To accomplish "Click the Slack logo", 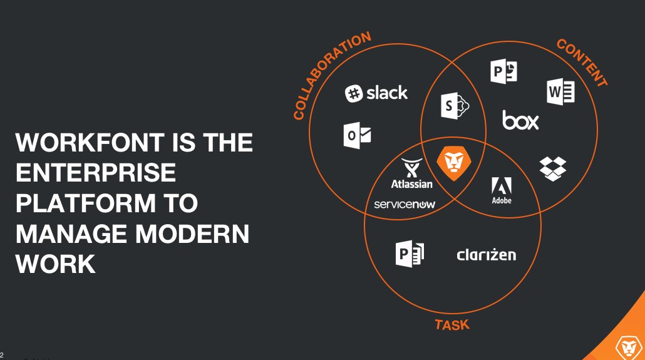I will click(x=376, y=93).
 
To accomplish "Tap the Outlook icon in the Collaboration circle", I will click(x=357, y=136).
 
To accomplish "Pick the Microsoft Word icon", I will click(x=560, y=91).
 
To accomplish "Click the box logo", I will click(x=520, y=120).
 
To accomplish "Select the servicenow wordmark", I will click(x=404, y=205).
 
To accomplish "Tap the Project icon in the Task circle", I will click(x=410, y=254).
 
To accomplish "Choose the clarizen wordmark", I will click(x=486, y=254).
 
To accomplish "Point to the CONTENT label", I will click(x=582, y=63).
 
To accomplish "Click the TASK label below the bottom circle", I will click(x=452, y=324).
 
